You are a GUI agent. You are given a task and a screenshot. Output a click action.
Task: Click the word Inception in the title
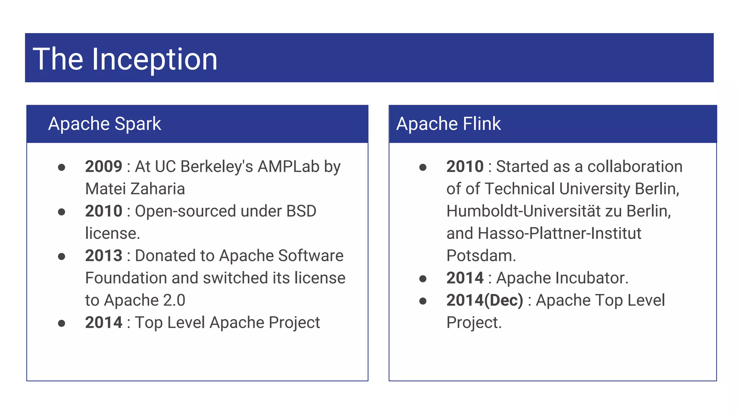pos(154,59)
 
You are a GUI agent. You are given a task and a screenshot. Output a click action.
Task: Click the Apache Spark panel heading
pos(105,124)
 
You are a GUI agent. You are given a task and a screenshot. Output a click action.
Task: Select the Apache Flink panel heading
pos(449,124)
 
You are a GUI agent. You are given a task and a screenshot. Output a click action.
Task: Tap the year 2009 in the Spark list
pos(104,167)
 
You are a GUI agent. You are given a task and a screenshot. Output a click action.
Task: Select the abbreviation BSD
pos(301,211)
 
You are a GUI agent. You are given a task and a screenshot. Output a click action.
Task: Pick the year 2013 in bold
pos(104,256)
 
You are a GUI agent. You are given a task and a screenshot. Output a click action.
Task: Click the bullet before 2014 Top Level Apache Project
pos(62,323)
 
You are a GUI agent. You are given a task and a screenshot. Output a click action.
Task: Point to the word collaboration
pos(635,167)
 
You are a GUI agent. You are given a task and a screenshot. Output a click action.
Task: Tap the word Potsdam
pos(481,256)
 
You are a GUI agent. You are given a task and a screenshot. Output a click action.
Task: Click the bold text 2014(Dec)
pos(485,300)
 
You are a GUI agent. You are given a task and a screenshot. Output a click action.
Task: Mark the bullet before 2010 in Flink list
pos(423,168)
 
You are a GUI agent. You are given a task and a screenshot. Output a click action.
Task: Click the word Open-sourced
pos(185,211)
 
